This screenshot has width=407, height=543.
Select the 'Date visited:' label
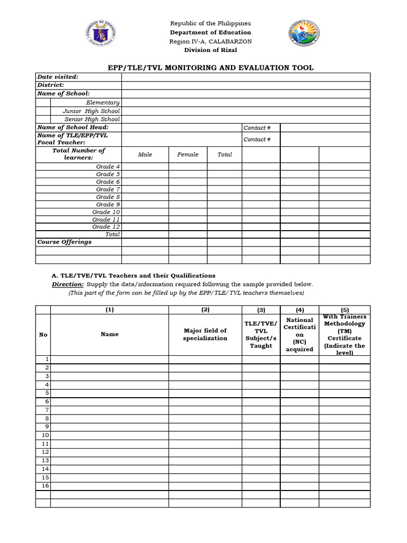58,77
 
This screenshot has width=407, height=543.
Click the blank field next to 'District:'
245,85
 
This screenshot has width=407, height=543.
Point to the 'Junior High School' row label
91,111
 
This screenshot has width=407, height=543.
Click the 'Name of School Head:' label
73,127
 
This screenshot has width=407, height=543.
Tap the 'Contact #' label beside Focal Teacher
257,139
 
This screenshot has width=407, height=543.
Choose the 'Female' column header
188,154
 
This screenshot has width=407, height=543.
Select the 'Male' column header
145,154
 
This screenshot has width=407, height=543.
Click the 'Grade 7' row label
108,189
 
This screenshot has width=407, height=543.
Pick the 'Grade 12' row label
106,226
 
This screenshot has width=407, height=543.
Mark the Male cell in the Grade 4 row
145,167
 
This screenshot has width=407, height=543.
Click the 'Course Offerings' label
64,242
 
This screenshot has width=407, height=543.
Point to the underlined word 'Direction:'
67,284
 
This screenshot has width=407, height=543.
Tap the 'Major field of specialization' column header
205,334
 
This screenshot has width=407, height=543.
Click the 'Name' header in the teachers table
110,334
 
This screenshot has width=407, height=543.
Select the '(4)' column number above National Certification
299,310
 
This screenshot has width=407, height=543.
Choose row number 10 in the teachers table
45,435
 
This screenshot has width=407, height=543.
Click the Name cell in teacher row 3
110,376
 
